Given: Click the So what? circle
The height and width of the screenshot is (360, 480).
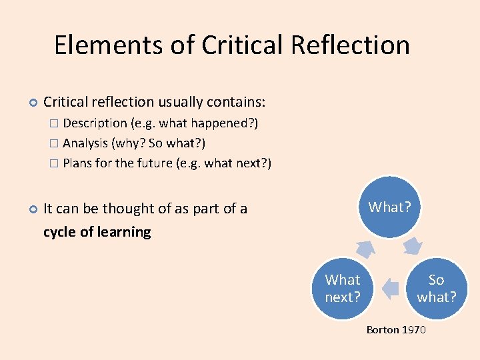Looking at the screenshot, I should tap(437, 288).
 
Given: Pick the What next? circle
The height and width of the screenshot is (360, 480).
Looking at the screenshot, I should tap(343, 288).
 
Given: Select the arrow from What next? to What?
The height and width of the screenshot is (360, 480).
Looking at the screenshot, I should tap(365, 248).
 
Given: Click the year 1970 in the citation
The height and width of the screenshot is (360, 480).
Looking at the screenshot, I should tap(413, 330).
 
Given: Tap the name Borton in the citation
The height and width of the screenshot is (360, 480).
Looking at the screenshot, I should tap(383, 330).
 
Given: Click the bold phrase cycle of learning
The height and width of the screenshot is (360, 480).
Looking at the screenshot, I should tap(97, 232).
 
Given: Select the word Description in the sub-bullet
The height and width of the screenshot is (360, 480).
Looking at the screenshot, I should tap(95, 123).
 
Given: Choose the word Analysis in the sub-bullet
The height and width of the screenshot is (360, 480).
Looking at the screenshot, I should tap(85, 143).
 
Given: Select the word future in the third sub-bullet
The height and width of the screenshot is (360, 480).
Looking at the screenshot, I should tap(155, 163).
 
